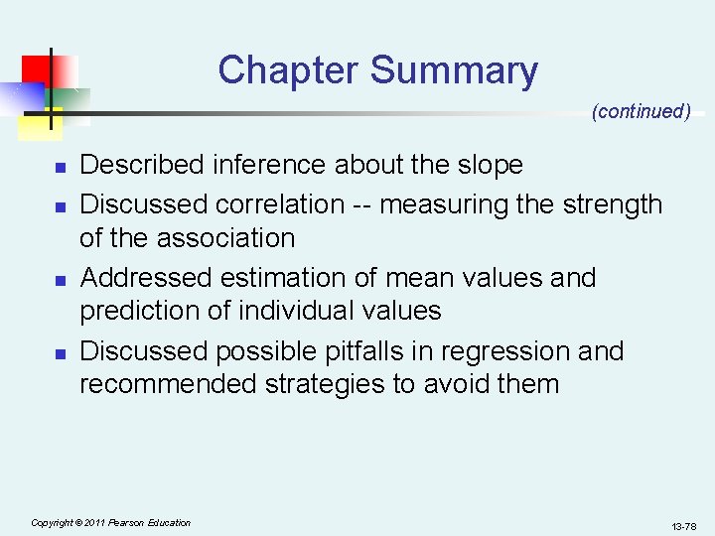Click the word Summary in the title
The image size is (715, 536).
click(454, 70)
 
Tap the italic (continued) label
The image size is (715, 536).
click(641, 111)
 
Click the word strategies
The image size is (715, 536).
click(325, 384)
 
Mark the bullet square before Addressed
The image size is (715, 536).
click(60, 280)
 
